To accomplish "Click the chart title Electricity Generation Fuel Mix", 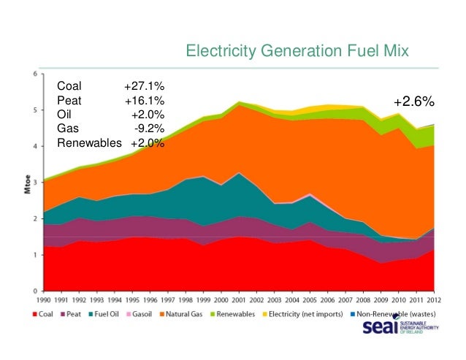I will click(297, 51).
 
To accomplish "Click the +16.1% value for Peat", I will click(144, 101).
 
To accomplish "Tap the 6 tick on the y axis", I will click(37, 74).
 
